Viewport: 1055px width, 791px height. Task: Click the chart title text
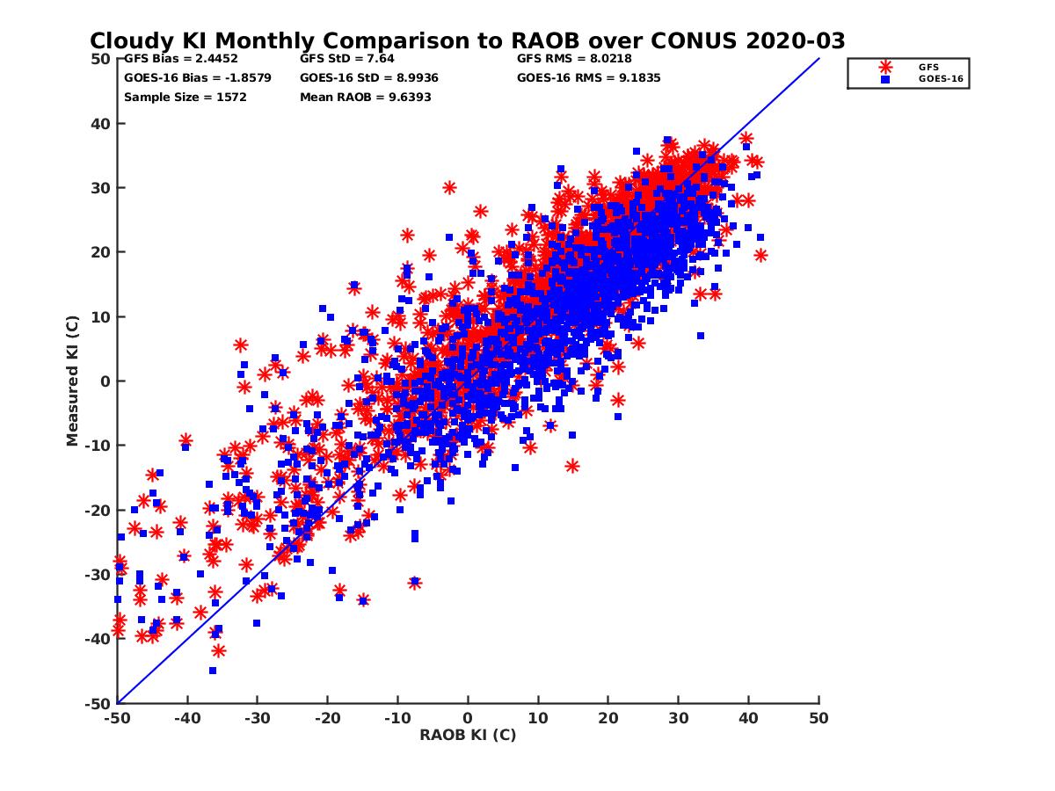coord(468,40)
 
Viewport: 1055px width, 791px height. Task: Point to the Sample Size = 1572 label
coord(186,97)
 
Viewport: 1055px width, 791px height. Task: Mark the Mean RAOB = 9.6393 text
coord(366,97)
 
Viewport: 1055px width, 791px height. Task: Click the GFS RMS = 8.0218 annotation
coord(574,59)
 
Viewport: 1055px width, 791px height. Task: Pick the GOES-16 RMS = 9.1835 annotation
coord(589,77)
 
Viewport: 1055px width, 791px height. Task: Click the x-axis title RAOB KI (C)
coord(468,735)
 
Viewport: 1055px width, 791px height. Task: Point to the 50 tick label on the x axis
coord(819,718)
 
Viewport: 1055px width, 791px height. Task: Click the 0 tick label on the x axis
coord(468,718)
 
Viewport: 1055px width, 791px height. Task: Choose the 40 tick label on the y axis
coord(101,123)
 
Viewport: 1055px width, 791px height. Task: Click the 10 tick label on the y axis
coord(101,316)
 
